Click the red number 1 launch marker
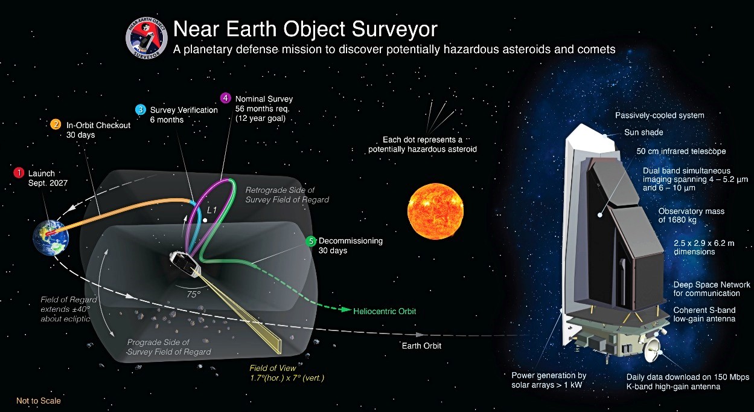point(19,173)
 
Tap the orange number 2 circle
point(56,124)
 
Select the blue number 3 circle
point(141,109)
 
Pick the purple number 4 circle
point(226,98)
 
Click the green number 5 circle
point(311,241)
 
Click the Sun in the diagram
point(435,211)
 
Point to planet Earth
point(51,237)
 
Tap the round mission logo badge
point(147,39)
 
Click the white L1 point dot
point(205,220)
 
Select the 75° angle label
point(194,294)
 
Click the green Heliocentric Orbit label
point(385,311)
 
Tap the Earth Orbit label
point(421,346)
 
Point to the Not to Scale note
point(39,401)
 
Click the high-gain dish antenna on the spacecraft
point(652,350)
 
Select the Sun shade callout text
point(644,132)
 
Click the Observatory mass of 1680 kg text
point(691,215)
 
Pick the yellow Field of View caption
point(287,373)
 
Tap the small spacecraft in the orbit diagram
point(185,264)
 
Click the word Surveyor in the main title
point(394,29)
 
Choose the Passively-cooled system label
point(660,115)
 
